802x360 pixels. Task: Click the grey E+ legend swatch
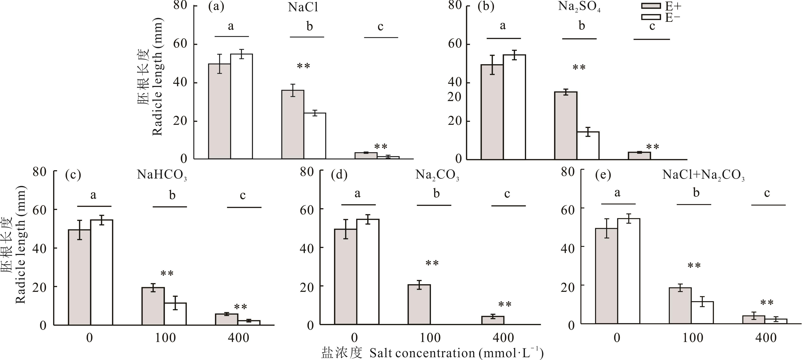(x=651, y=6)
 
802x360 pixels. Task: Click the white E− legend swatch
(x=651, y=17)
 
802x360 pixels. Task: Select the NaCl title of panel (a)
(x=303, y=7)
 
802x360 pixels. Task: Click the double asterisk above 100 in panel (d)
(x=432, y=264)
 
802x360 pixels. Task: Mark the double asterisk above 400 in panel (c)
(x=240, y=307)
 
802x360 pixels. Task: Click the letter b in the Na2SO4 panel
(x=582, y=26)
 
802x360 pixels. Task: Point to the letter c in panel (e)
(x=767, y=193)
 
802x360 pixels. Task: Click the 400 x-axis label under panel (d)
(x=503, y=338)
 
